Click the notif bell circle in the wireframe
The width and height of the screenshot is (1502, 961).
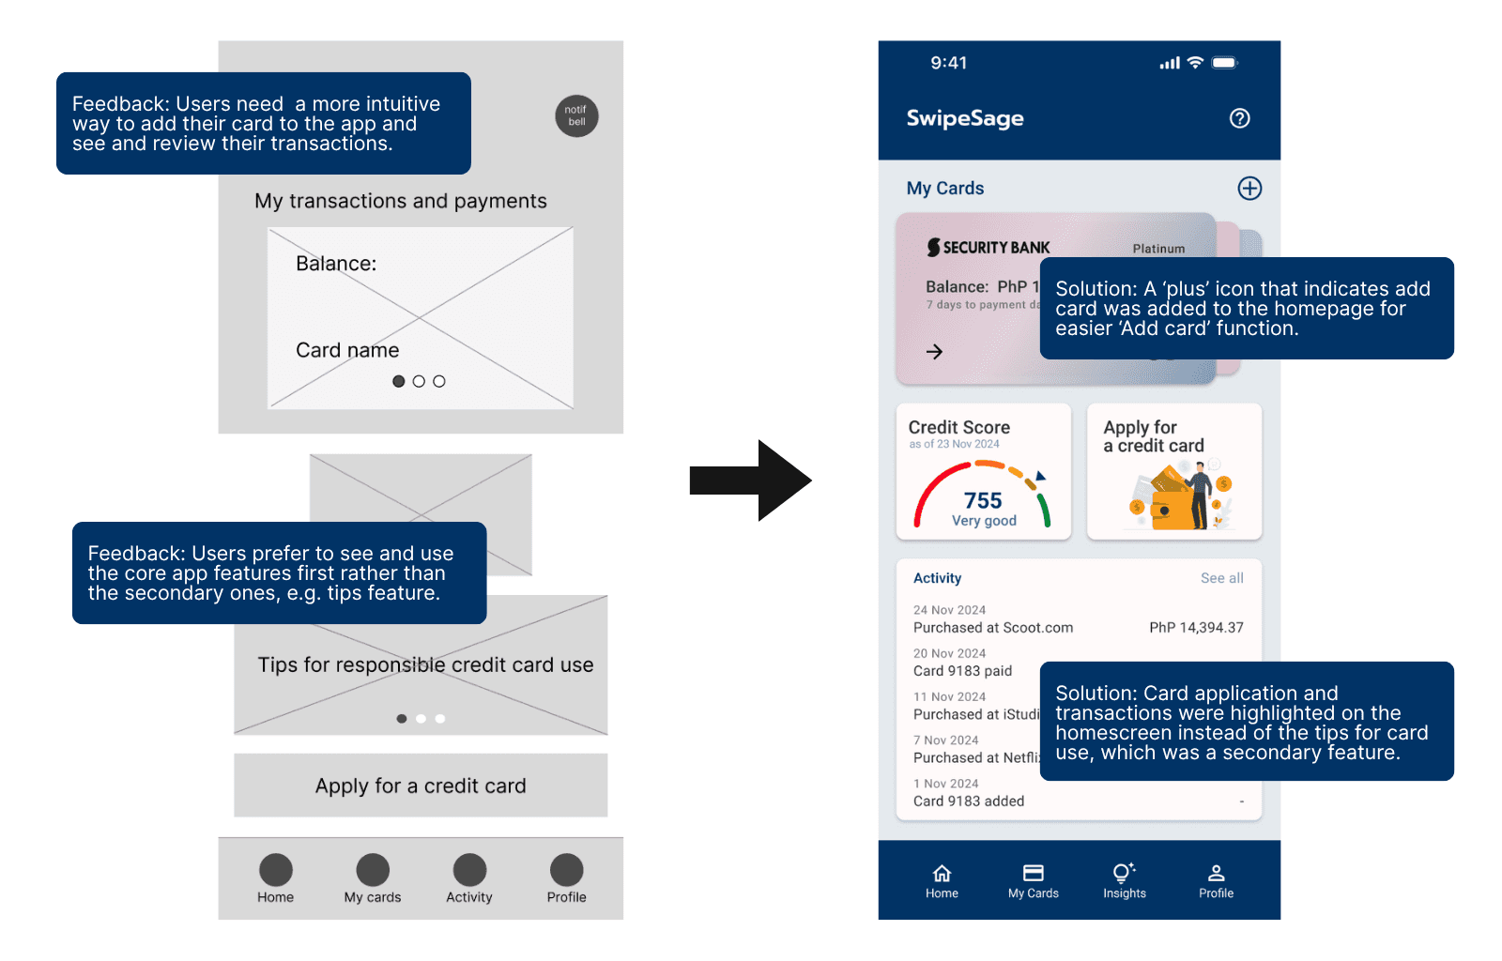tap(576, 116)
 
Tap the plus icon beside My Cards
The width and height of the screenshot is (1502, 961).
tap(1249, 189)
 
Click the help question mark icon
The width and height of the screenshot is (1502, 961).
tap(1239, 118)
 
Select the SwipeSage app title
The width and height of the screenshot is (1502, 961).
tap(965, 118)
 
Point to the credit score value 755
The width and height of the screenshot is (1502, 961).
tap(983, 501)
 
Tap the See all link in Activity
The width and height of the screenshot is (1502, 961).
tap(1221, 578)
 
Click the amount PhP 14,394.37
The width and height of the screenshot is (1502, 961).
tap(1196, 628)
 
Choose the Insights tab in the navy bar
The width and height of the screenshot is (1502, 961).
tap(1125, 880)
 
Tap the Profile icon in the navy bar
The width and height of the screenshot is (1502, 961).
tap(1216, 873)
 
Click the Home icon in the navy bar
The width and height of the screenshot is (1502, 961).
tap(942, 873)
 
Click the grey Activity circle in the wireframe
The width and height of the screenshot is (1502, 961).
tap(469, 870)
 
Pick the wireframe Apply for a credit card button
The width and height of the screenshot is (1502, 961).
tap(421, 786)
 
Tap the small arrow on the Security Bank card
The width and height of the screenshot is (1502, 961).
tap(934, 352)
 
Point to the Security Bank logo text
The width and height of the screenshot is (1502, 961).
tap(989, 248)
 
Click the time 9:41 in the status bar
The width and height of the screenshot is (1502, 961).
tap(948, 63)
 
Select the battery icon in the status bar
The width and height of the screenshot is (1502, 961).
tap(1224, 63)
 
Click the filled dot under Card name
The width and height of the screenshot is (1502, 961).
tap(399, 381)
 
